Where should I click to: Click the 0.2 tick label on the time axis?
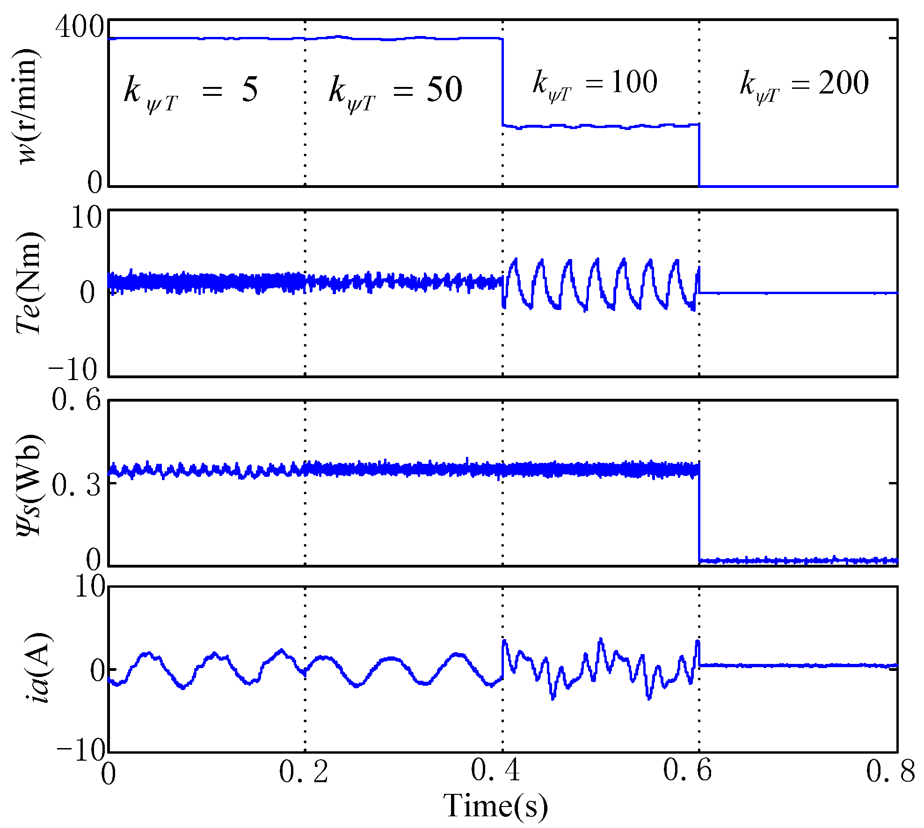[x=304, y=771]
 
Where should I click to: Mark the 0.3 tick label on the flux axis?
[x=76, y=484]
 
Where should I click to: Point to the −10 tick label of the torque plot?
[x=73, y=369]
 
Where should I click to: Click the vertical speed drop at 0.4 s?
[x=503, y=82]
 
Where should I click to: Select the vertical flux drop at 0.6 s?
[x=699, y=514]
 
